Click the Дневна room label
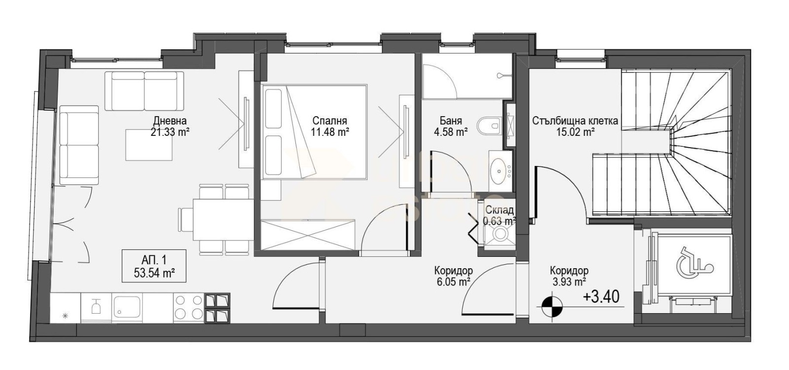[x=170, y=121]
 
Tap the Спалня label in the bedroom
[x=330, y=121]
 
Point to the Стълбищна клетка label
[x=575, y=121]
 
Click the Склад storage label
[x=500, y=210]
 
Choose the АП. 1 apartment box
[x=154, y=266]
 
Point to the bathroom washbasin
[x=500, y=171]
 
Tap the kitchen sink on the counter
[x=127, y=308]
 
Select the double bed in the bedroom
[x=314, y=132]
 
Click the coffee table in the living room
[x=149, y=145]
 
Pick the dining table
[x=223, y=220]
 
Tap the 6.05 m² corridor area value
[x=453, y=282]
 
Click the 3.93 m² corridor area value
[x=569, y=282]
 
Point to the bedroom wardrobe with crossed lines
[x=308, y=235]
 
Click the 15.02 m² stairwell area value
[x=575, y=132]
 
